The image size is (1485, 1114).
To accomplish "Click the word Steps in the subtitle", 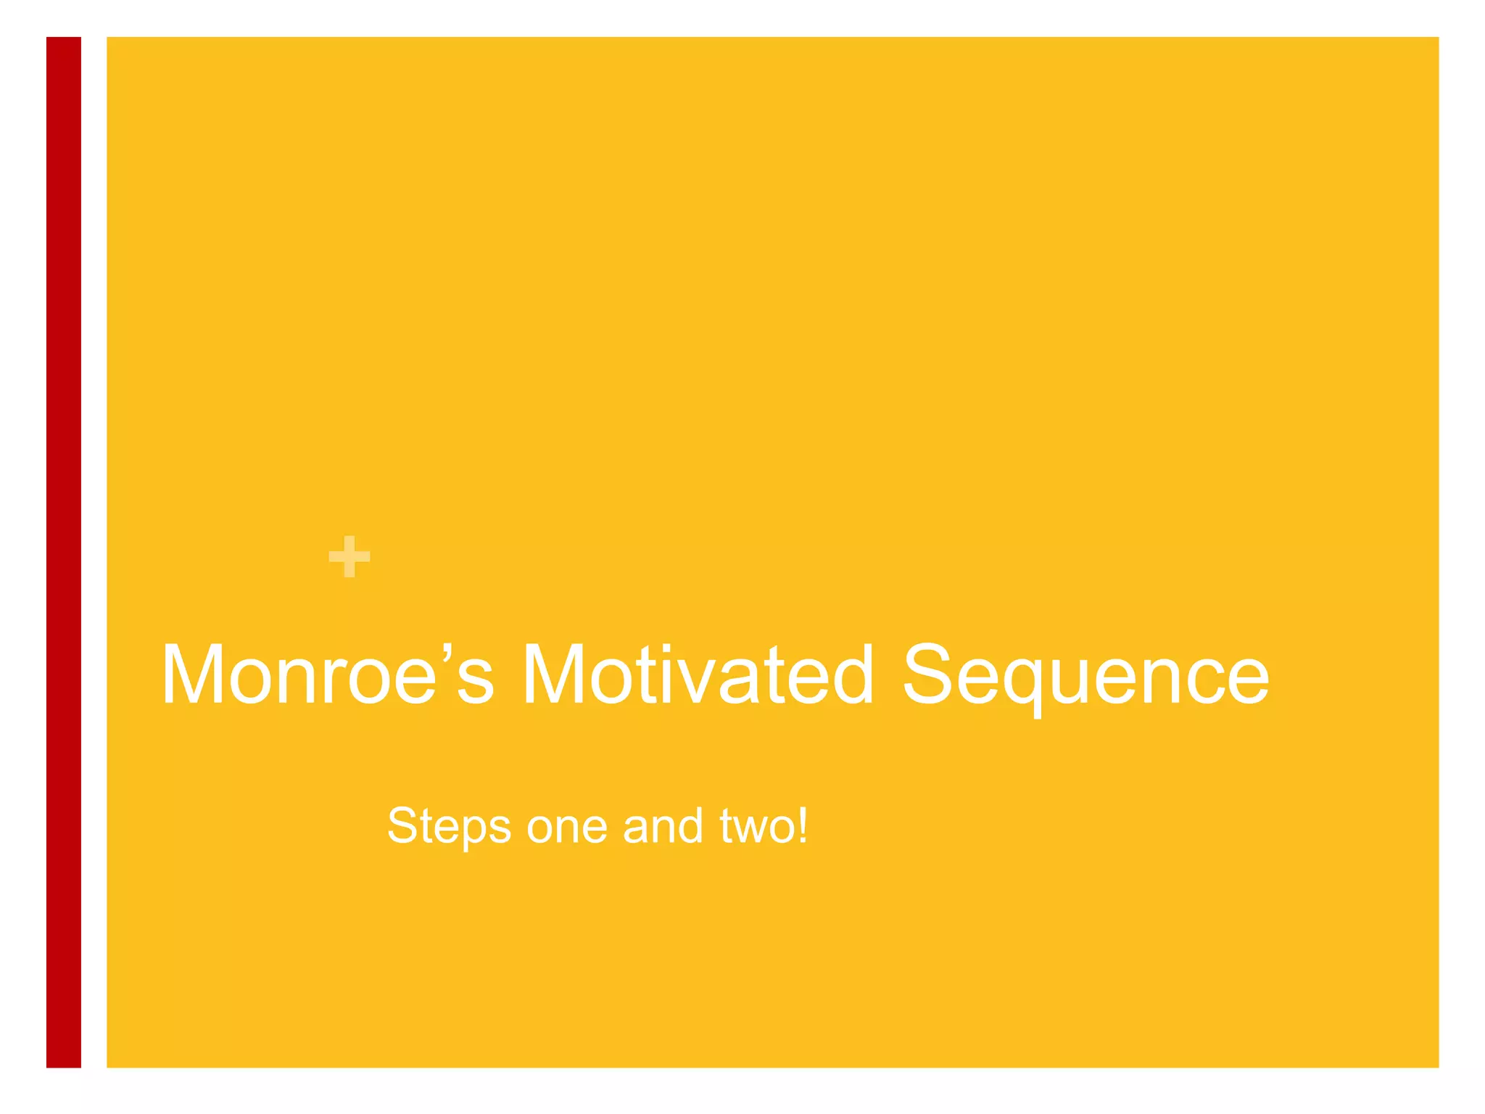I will pyautogui.click(x=449, y=827).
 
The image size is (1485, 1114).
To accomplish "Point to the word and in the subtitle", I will pyautogui.click(x=663, y=827).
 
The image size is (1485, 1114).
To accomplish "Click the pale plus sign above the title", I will pyautogui.click(x=349, y=557).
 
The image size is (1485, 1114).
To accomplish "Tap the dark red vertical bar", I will pyautogui.click(x=64, y=551).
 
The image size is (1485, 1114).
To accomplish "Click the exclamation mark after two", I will pyautogui.click(x=802, y=825).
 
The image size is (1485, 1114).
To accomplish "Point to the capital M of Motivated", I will pyautogui.click(x=553, y=674).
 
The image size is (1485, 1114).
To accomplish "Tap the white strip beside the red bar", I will pyautogui.click(x=94, y=551).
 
